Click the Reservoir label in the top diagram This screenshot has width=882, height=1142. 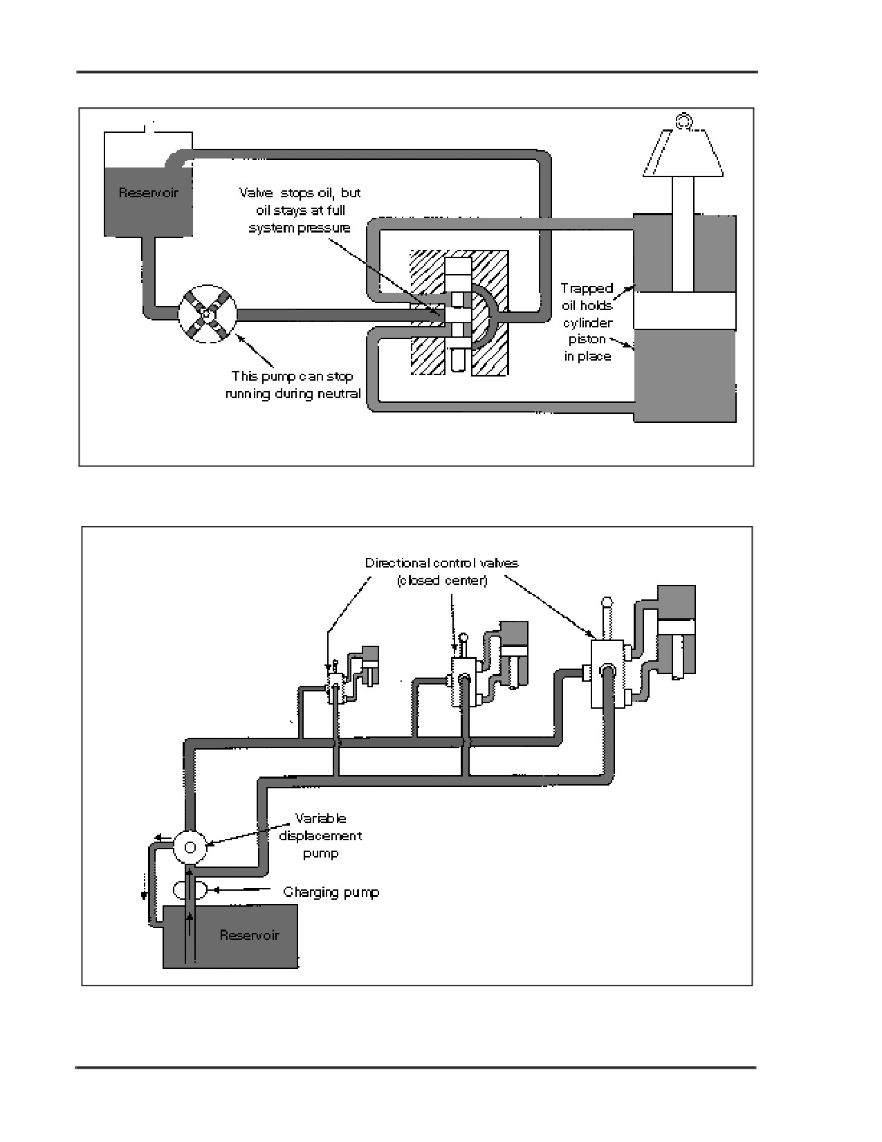[148, 192]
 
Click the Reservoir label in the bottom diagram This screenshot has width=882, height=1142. [249, 935]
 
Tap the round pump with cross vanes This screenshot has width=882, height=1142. [208, 314]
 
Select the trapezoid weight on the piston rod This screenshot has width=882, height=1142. [683, 152]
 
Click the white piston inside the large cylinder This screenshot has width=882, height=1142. [684, 311]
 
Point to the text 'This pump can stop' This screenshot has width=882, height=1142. [293, 377]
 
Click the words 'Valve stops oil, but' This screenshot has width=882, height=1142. [300, 192]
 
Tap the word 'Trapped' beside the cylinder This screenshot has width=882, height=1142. [587, 288]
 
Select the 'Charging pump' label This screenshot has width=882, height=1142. [331, 892]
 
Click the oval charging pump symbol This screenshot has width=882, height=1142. [190, 890]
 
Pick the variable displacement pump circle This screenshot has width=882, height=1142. [190, 847]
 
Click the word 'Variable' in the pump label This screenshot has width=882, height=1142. [320, 818]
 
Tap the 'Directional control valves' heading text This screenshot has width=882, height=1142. [442, 563]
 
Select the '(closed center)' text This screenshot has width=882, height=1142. [442, 580]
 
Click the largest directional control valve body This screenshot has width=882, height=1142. [608, 673]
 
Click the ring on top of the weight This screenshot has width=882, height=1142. [683, 121]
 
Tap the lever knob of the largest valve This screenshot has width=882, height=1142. [607, 602]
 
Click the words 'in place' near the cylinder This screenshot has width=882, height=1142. [588, 356]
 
